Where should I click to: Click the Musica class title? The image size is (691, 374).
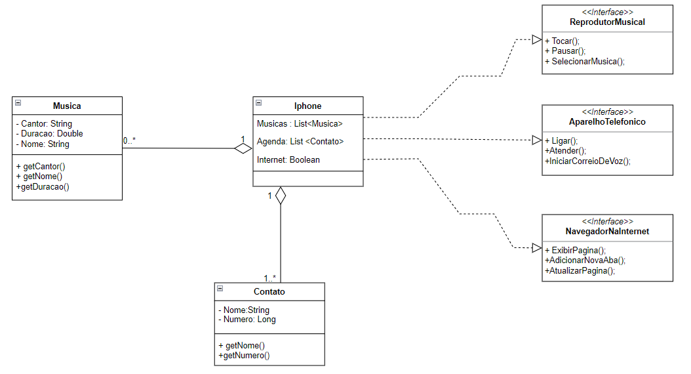pyautogui.click(x=67, y=106)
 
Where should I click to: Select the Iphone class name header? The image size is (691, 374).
pyautogui.click(x=307, y=106)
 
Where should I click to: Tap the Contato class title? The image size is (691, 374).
pyautogui.click(x=269, y=291)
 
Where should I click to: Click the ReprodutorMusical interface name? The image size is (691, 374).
pyautogui.click(x=607, y=22)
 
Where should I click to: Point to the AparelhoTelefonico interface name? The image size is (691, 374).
pyautogui.click(x=607, y=122)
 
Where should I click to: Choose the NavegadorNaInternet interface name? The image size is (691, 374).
pyautogui.click(x=607, y=232)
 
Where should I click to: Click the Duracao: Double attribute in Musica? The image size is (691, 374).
pyautogui.click(x=49, y=134)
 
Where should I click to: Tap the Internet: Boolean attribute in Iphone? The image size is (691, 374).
pyautogui.click(x=288, y=159)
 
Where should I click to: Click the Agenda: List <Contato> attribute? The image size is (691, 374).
pyautogui.click(x=300, y=141)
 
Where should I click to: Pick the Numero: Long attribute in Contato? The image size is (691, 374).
pyautogui.click(x=247, y=320)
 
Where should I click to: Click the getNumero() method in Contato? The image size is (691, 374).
pyautogui.click(x=244, y=356)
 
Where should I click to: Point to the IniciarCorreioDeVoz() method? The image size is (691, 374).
pyautogui.click(x=587, y=161)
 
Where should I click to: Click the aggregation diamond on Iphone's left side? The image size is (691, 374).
pyautogui.click(x=244, y=149)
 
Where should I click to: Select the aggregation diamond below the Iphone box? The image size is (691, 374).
pyautogui.click(x=281, y=196)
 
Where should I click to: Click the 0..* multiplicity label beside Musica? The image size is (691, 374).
pyautogui.click(x=129, y=140)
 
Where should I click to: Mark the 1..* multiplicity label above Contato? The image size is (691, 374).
pyautogui.click(x=269, y=278)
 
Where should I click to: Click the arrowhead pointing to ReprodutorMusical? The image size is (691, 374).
pyautogui.click(x=536, y=39)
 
